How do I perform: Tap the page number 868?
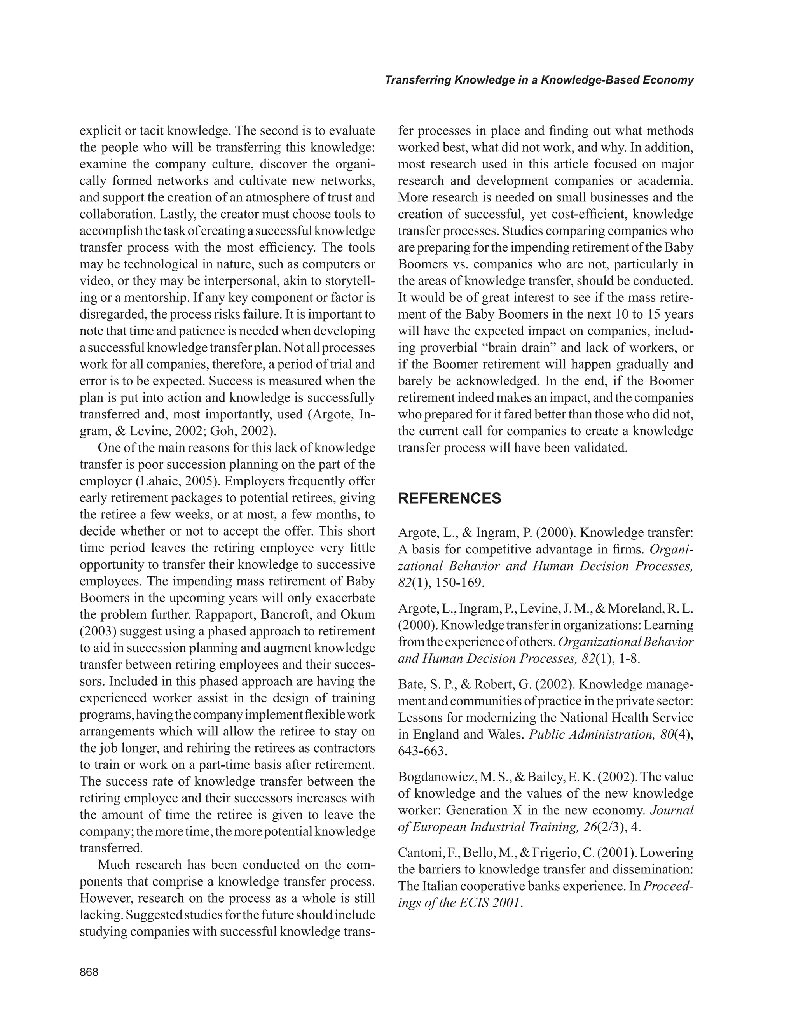pos(89,972)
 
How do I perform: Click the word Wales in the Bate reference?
pos(504,735)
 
